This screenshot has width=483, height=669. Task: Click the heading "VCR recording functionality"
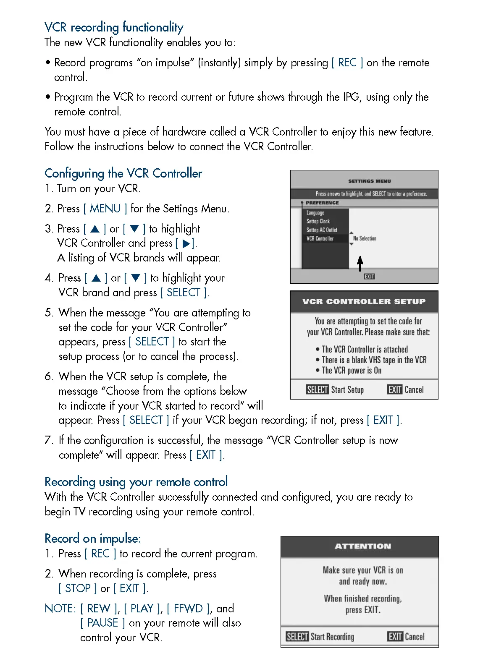pos(114,27)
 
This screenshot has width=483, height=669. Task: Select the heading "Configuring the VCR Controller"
pos(123,173)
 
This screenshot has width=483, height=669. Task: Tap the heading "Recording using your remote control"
pos(136,482)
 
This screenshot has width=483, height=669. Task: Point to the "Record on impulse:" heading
pos(92,538)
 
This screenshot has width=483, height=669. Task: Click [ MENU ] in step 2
pos(105,209)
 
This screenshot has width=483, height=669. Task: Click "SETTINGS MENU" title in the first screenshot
pos(369,181)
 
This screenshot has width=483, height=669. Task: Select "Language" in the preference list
pos(315,213)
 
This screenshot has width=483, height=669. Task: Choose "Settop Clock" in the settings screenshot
pos(318,221)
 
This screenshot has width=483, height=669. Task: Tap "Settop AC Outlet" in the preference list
pos(322,230)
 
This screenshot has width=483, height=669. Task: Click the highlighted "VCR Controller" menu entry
pos(320,238)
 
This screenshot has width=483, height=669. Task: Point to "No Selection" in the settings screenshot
pos(365,238)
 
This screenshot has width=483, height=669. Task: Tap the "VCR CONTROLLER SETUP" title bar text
pos(364,301)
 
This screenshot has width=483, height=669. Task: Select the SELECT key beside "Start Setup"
pos(317,390)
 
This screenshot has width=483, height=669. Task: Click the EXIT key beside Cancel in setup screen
pos(395,390)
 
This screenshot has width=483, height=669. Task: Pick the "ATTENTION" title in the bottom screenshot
pos(363,546)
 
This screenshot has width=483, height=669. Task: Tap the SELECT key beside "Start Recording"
pos(297,637)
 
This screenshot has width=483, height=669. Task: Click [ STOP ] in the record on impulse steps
pos(78,588)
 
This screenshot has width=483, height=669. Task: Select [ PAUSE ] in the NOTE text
pos(102,623)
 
